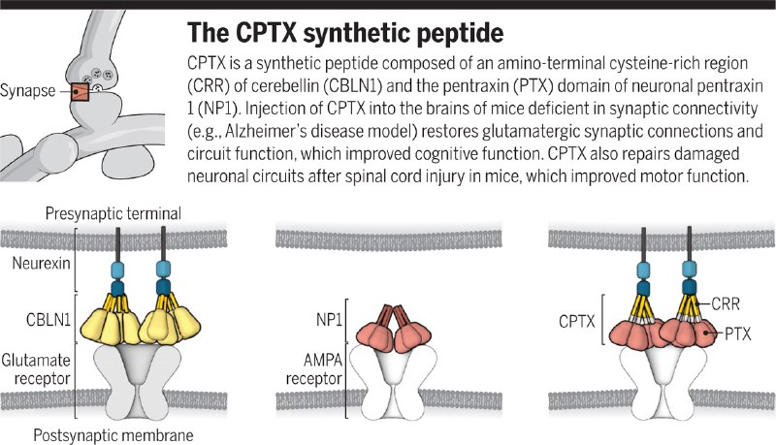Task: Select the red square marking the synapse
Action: (x=79, y=93)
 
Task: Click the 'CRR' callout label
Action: (x=729, y=304)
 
